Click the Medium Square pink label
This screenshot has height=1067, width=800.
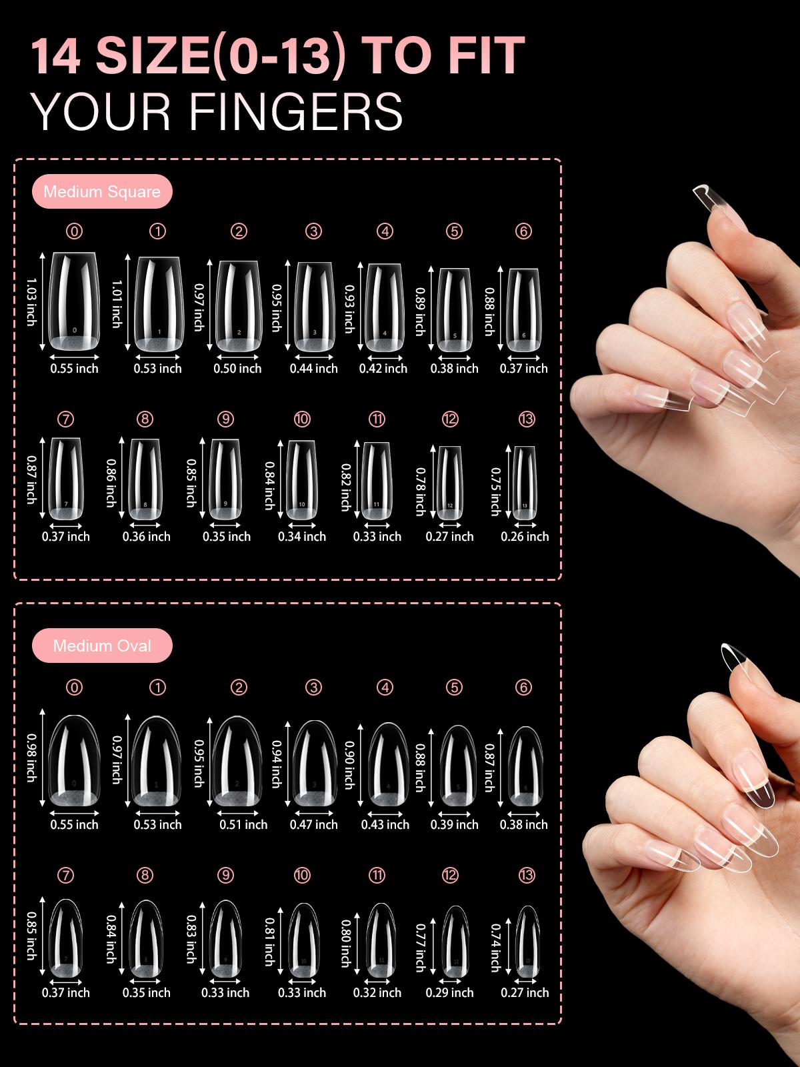coord(102,192)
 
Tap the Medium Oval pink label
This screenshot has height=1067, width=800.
coord(102,646)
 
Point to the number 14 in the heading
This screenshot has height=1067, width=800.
coord(56,56)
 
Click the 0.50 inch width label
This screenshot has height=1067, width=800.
coord(237,368)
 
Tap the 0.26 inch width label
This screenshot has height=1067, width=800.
coord(525,536)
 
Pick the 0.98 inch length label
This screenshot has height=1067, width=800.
coord(31,758)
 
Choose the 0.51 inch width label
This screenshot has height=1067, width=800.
coord(243,824)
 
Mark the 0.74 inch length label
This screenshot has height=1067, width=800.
coord(495,948)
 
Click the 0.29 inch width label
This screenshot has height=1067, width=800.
coord(449,992)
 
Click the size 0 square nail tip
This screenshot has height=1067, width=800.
coord(74,302)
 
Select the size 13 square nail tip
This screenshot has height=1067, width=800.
coord(525,483)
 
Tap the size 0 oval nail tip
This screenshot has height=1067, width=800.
coord(74,760)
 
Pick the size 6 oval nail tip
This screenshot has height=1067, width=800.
coord(525,768)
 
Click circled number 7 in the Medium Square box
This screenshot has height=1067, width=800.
coord(65,419)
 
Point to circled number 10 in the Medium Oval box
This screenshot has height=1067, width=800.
coord(302,875)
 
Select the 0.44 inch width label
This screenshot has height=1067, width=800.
coord(313,368)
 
